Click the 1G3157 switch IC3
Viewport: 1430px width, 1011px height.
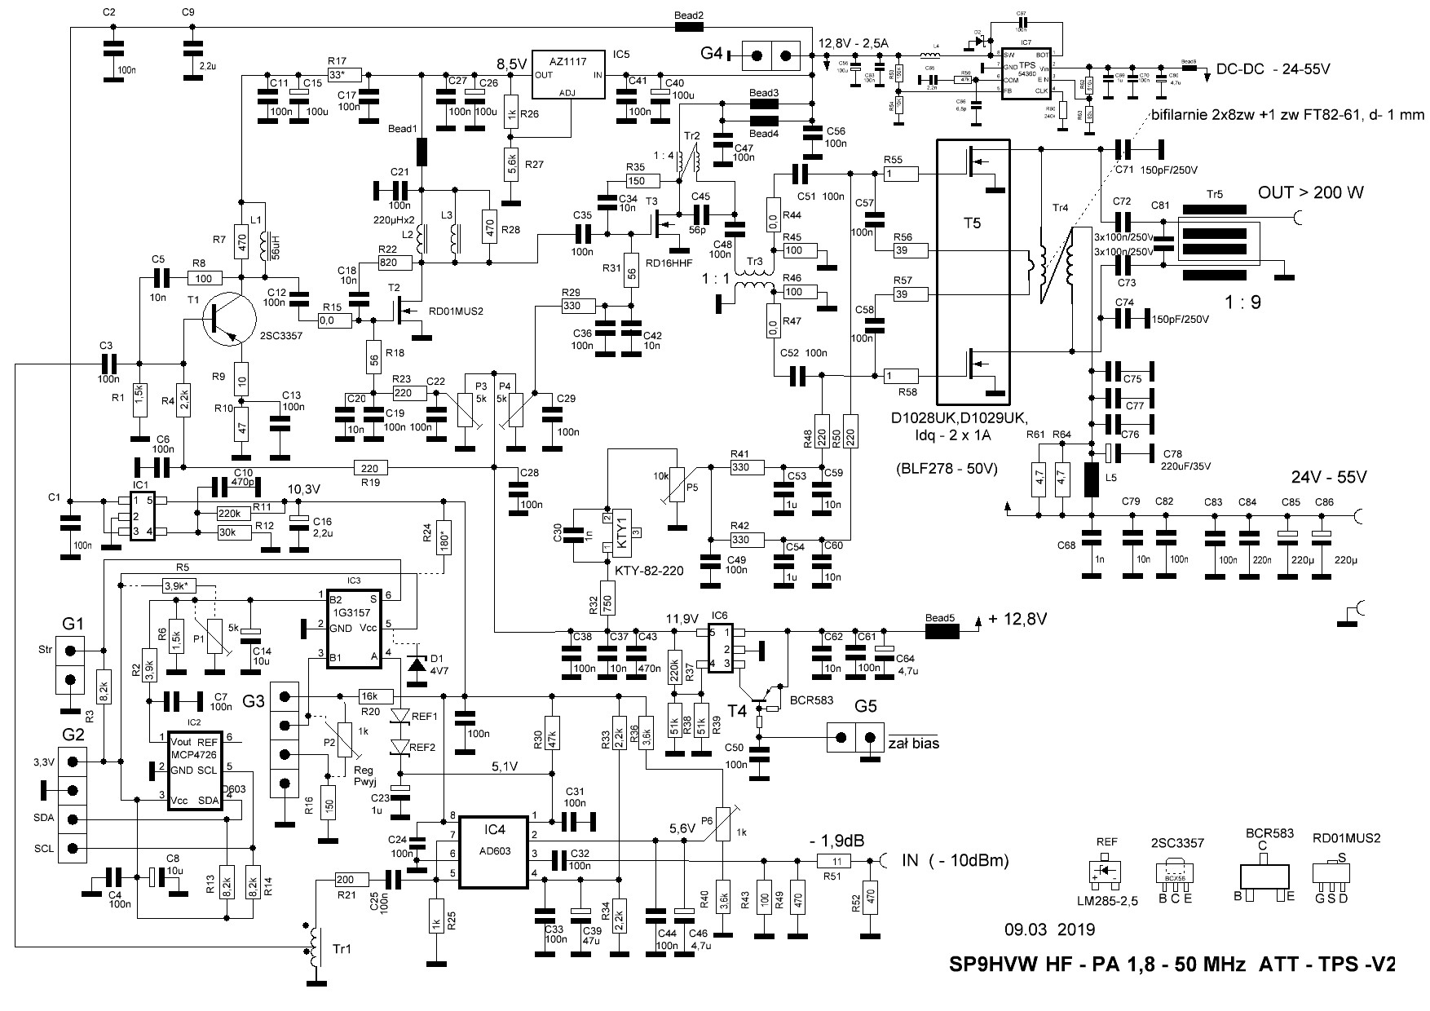coord(354,629)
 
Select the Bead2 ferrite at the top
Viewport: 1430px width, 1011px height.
coord(690,27)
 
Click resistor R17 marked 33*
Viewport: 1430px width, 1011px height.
coord(337,74)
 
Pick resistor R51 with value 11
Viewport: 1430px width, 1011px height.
coord(833,861)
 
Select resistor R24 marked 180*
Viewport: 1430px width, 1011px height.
coord(444,536)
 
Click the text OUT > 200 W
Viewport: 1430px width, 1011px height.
coord(1311,193)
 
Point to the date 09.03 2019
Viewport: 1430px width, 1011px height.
coord(1049,929)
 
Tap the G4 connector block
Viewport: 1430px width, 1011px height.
coord(771,55)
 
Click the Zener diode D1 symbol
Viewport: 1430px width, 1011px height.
coord(416,665)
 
